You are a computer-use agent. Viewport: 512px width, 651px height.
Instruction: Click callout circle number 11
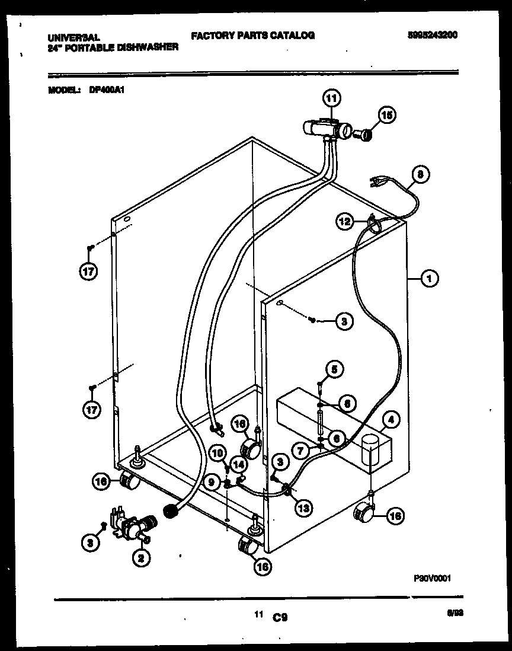(332, 97)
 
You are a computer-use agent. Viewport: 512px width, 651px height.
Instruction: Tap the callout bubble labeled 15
(386, 116)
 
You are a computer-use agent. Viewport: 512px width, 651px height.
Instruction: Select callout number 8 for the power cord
(420, 175)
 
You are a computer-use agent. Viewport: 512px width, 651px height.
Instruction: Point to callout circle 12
(345, 222)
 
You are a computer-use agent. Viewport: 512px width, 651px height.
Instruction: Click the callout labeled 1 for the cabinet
(430, 277)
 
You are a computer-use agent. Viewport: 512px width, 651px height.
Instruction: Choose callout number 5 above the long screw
(335, 370)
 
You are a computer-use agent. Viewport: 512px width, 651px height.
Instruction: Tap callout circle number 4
(390, 420)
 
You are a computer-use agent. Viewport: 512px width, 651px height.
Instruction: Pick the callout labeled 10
(218, 454)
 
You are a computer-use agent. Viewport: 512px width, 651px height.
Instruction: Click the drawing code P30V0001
(428, 581)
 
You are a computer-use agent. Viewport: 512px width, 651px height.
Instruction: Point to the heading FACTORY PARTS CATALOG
(252, 36)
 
